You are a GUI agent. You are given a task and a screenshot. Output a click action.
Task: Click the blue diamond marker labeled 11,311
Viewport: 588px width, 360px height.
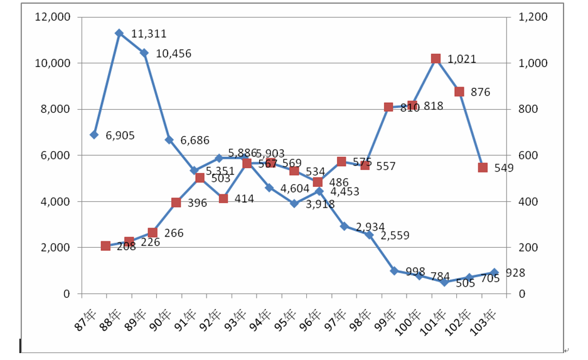coord(119,33)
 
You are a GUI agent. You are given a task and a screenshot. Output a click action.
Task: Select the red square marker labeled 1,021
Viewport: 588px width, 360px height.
coord(436,58)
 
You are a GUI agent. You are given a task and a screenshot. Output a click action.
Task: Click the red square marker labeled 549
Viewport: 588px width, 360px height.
coord(483,167)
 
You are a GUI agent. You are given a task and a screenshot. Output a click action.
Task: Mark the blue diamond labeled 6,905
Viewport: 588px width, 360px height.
coord(94,134)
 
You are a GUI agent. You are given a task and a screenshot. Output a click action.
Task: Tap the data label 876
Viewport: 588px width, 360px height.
coord(480,92)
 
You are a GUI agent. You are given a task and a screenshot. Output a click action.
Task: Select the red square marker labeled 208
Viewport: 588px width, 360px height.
coord(105,246)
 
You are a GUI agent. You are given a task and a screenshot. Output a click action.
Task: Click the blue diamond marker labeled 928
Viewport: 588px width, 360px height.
coord(494,272)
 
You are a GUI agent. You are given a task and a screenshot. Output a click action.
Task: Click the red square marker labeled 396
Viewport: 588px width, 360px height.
coord(176,203)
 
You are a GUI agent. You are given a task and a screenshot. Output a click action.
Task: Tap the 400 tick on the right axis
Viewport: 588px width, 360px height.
coord(529,201)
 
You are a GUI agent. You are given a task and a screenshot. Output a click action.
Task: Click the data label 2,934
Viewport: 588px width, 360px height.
coord(371,227)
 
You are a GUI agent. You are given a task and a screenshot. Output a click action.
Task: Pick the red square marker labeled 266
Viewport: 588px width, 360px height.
coord(152,233)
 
